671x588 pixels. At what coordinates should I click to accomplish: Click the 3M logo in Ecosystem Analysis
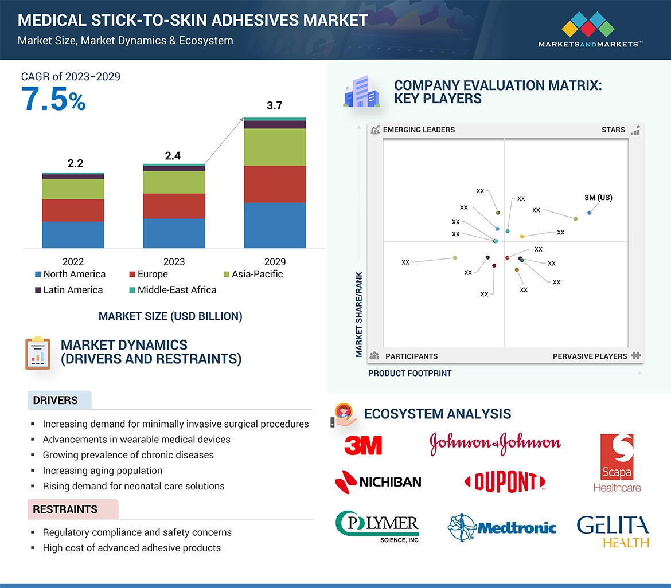point(363,445)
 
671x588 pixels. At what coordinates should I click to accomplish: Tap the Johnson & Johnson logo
point(495,443)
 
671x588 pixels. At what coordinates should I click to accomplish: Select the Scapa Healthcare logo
point(617,463)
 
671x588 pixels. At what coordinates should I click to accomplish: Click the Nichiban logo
point(378,481)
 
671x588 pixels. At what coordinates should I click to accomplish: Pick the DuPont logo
point(505,482)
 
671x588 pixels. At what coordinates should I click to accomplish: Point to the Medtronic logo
point(502,527)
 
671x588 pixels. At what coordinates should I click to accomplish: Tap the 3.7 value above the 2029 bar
point(275,105)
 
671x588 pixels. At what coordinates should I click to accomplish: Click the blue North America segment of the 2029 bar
point(275,225)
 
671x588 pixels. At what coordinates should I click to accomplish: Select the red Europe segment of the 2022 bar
point(73,210)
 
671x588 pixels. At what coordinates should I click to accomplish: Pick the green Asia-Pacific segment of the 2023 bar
point(174,182)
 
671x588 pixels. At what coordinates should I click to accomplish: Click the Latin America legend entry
point(68,290)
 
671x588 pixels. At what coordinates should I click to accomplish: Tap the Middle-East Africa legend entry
point(171,290)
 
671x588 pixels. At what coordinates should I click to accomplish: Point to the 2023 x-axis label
point(174,261)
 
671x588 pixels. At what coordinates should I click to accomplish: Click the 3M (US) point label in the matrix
point(598,198)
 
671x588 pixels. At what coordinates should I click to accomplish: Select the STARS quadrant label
point(613,130)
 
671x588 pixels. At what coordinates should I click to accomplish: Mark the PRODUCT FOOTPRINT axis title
point(409,373)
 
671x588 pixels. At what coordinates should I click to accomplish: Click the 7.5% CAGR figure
point(53,99)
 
